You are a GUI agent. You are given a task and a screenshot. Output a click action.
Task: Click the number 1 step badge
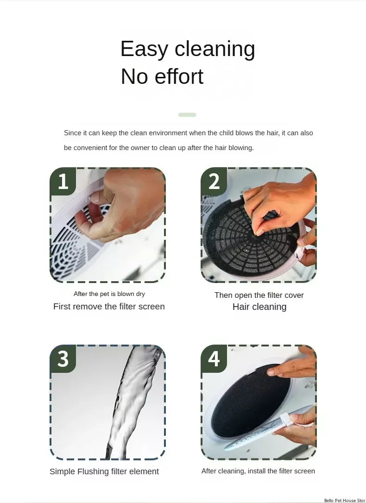[63, 181]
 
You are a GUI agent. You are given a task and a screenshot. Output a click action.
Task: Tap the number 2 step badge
[214, 181]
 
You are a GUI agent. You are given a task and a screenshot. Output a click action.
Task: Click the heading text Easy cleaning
[188, 49]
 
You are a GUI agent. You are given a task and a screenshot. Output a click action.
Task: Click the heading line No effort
[162, 77]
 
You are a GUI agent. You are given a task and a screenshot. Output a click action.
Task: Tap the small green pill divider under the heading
[187, 115]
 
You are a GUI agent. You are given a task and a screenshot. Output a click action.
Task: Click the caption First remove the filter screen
[109, 307]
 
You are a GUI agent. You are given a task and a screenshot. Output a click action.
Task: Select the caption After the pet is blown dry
[109, 294]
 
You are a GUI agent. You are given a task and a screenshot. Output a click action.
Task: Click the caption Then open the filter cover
[259, 295]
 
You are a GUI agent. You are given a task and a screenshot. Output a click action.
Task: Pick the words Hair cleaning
[259, 307]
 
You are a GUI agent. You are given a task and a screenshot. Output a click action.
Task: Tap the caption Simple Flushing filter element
[104, 472]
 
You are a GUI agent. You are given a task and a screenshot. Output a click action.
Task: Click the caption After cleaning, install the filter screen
[258, 471]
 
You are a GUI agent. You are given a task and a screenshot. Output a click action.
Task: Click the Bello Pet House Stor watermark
[345, 500]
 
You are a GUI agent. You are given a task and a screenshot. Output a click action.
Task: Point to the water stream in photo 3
[125, 398]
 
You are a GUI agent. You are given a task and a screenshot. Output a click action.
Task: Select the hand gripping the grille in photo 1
[125, 204]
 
